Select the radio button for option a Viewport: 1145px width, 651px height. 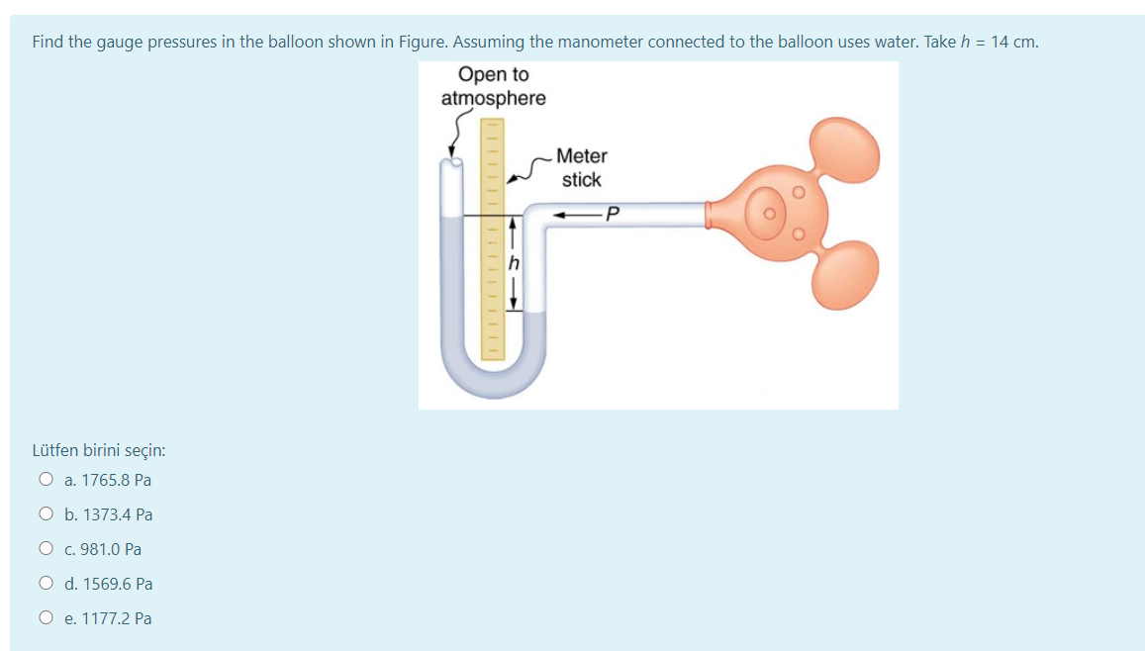(46, 480)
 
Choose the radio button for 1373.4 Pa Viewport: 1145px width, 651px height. (46, 514)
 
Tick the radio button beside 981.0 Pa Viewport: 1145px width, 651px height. (46, 549)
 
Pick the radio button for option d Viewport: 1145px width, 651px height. (46, 584)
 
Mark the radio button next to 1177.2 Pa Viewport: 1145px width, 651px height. (46, 618)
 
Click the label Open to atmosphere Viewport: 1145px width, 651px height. (493, 86)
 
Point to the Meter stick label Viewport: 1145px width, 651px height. (581, 167)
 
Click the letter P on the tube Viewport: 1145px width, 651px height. (613, 213)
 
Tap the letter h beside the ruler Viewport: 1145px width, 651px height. (513, 263)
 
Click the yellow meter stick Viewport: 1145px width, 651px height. (492, 237)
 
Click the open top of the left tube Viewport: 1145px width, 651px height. (453, 162)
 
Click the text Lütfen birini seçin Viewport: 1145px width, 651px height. (99, 450)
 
